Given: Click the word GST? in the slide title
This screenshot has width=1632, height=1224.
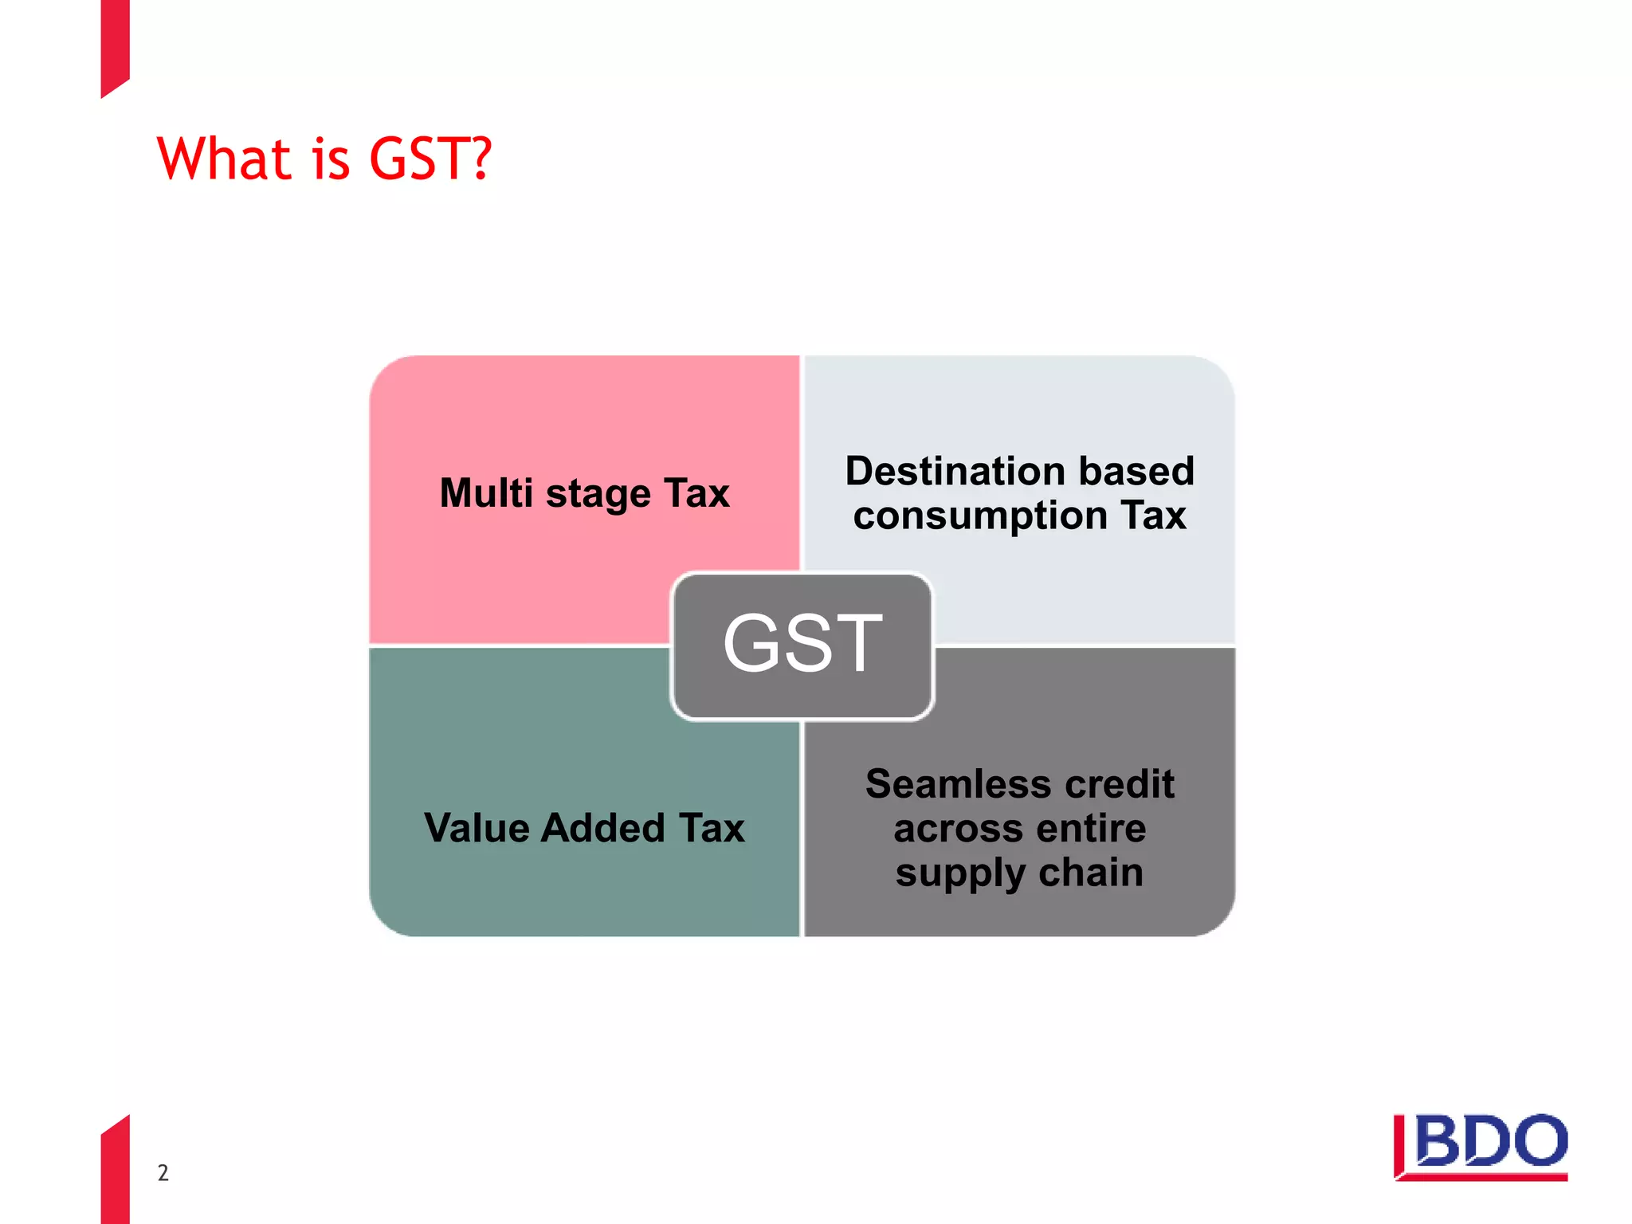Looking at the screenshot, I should (x=430, y=159).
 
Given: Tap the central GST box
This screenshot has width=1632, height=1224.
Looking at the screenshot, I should (x=802, y=645).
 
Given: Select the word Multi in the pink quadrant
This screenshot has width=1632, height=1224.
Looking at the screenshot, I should (x=486, y=492).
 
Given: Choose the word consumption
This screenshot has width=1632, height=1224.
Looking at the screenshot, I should (x=980, y=516).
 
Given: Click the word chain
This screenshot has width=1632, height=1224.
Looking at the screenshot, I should (x=1091, y=873).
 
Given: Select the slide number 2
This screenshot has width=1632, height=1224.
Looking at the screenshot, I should (x=163, y=1172).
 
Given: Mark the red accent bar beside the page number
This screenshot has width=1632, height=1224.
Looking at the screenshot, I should (x=116, y=1171).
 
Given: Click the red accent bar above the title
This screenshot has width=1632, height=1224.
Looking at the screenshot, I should (x=116, y=44).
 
